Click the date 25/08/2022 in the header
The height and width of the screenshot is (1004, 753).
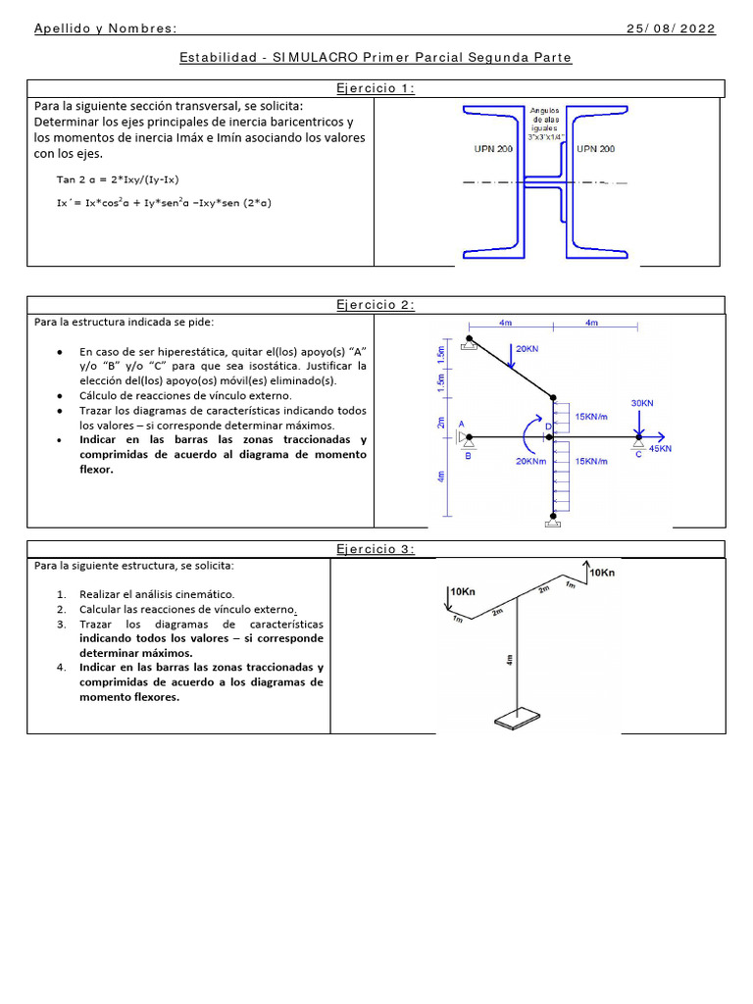click(x=672, y=28)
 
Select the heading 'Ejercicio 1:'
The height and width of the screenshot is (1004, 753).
click(x=376, y=89)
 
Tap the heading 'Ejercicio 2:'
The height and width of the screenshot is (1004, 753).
click(x=376, y=305)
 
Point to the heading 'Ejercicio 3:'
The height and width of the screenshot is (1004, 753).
click(x=376, y=549)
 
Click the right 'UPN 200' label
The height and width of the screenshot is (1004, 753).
click(x=595, y=149)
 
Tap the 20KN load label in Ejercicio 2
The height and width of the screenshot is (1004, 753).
click(x=527, y=348)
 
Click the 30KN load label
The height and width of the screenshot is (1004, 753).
click(x=642, y=403)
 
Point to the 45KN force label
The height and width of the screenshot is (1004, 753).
click(x=660, y=448)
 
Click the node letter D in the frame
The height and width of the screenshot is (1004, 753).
click(x=548, y=427)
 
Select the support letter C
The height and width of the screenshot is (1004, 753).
click(x=639, y=455)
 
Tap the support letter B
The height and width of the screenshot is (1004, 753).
click(x=467, y=456)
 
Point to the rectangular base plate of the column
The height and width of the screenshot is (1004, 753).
click(x=515, y=723)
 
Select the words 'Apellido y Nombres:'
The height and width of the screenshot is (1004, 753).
click(x=106, y=28)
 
